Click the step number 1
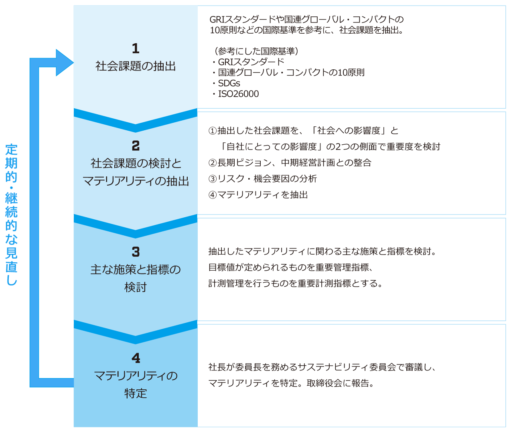point(136,49)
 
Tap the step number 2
point(136,146)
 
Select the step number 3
point(136,252)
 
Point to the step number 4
point(136,358)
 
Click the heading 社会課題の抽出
point(136,66)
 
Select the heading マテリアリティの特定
point(136,384)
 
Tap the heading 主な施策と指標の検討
point(136,278)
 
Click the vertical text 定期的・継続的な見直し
point(12,214)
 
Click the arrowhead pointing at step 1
point(64,63)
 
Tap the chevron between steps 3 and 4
point(136,333)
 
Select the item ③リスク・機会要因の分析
point(263,179)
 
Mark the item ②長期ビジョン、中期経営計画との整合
point(290,163)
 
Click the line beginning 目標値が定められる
point(291,267)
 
